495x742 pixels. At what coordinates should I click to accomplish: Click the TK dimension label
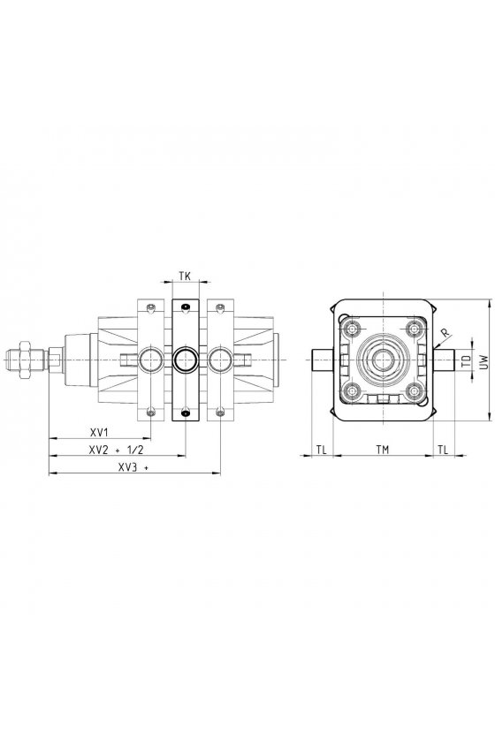[x=185, y=276]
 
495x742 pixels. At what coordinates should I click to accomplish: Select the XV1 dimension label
[x=100, y=432]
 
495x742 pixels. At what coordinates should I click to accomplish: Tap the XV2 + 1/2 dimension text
[x=116, y=450]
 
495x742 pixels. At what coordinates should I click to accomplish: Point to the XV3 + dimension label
[x=133, y=467]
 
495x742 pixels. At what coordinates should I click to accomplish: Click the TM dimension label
[x=382, y=450]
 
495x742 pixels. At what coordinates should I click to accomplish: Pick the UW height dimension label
[x=483, y=362]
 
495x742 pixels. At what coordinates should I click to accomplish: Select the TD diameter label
[x=467, y=361]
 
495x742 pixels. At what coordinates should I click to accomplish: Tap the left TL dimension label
[x=321, y=450]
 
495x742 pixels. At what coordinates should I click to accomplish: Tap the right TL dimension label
[x=443, y=450]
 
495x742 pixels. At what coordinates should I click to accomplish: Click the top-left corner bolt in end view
[x=352, y=329]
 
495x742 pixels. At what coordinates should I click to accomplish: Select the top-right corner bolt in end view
[x=415, y=329]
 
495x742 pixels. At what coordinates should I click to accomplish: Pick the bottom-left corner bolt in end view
[x=352, y=391]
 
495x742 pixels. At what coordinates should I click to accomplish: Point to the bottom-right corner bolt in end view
[x=415, y=391]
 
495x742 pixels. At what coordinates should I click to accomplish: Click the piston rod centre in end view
[x=383, y=360]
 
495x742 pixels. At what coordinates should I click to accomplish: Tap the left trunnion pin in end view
[x=323, y=360]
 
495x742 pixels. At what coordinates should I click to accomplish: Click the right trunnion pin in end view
[x=444, y=360]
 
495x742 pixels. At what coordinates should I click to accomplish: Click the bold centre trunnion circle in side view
[x=186, y=360]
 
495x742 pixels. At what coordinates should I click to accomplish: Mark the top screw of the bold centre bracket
[x=186, y=307]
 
